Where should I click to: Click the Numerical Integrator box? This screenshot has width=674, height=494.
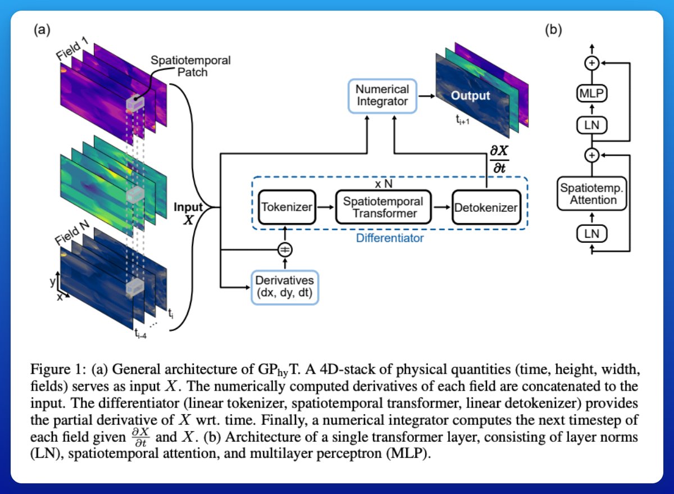(382, 95)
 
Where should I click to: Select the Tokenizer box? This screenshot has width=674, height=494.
(286, 207)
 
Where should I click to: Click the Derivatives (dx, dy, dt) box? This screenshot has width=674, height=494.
(284, 287)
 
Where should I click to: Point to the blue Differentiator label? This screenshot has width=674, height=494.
(390, 238)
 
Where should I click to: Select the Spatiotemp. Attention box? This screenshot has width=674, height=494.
(591, 194)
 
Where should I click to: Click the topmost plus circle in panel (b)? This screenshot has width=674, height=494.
(591, 64)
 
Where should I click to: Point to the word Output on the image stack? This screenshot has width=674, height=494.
(471, 96)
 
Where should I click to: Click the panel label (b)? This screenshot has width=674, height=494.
(553, 31)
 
